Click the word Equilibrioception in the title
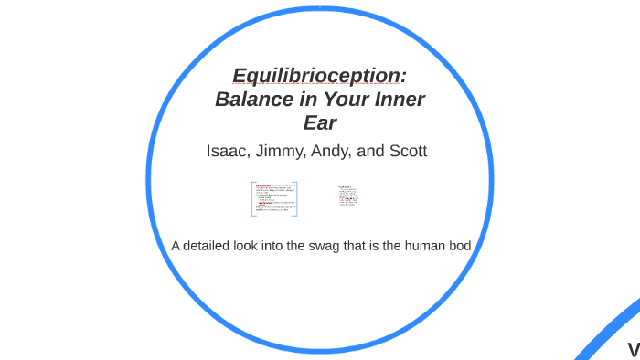point(319,75)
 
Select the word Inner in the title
point(398,99)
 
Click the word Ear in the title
point(320,122)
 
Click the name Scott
point(407,151)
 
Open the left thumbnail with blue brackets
point(275,198)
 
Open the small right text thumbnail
point(348,196)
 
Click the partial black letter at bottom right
point(633,349)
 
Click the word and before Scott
point(369,151)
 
